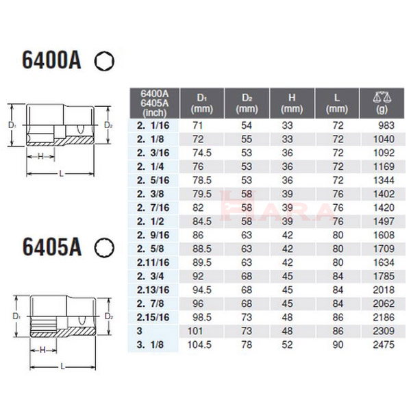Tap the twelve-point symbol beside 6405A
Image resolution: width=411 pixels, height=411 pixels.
click(x=103, y=246)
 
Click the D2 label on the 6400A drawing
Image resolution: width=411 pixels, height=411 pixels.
click(x=109, y=125)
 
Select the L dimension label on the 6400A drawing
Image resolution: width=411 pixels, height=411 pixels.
click(x=62, y=174)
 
